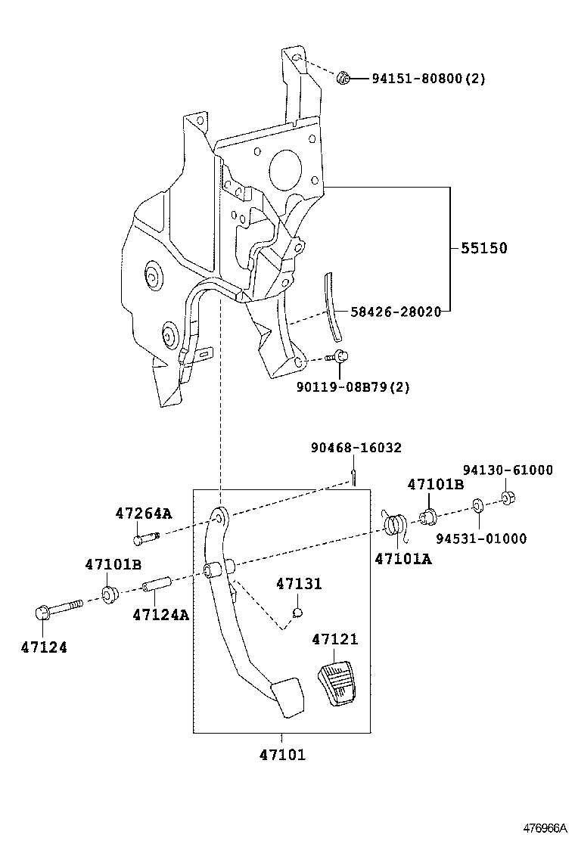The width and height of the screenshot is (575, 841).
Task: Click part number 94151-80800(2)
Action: coord(427,78)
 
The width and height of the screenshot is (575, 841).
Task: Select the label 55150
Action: coord(484,248)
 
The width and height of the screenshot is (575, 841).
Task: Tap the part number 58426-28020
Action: coord(396,312)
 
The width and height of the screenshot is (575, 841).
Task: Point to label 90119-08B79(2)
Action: coord(353,387)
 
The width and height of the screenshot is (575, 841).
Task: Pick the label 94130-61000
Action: coord(508,470)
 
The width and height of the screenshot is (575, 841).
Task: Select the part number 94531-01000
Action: coord(481,538)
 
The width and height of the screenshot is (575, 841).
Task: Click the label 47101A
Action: coord(404,559)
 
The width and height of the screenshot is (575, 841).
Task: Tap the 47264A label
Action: coord(144,514)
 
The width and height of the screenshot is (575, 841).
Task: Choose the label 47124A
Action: coord(160,615)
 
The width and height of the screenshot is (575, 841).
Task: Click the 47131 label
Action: coord(299,584)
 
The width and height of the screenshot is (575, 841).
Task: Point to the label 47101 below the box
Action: coord(281,755)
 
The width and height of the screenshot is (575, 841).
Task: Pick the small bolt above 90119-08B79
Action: coord(340,356)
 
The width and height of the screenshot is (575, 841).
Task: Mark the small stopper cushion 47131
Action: coord(298,611)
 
